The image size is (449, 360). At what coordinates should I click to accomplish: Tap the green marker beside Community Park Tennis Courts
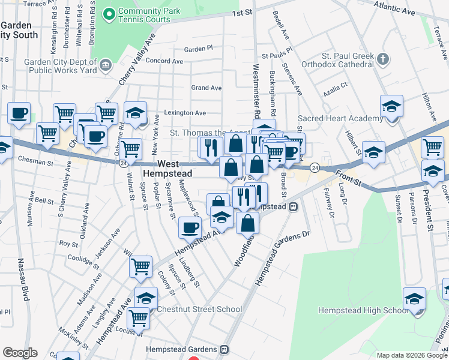[109, 14]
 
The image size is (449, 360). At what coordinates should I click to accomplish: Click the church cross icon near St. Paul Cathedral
[384, 59]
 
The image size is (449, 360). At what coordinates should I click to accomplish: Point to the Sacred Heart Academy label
[340, 119]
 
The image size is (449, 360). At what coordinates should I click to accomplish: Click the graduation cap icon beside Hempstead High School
[414, 299]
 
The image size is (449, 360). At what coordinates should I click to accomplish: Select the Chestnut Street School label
[199, 309]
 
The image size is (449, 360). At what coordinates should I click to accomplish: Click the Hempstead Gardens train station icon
[225, 349]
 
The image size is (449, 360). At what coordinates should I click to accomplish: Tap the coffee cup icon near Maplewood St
[190, 227]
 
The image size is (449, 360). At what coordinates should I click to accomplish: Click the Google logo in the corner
[20, 353]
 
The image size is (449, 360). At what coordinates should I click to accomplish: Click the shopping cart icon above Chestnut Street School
[140, 266]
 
